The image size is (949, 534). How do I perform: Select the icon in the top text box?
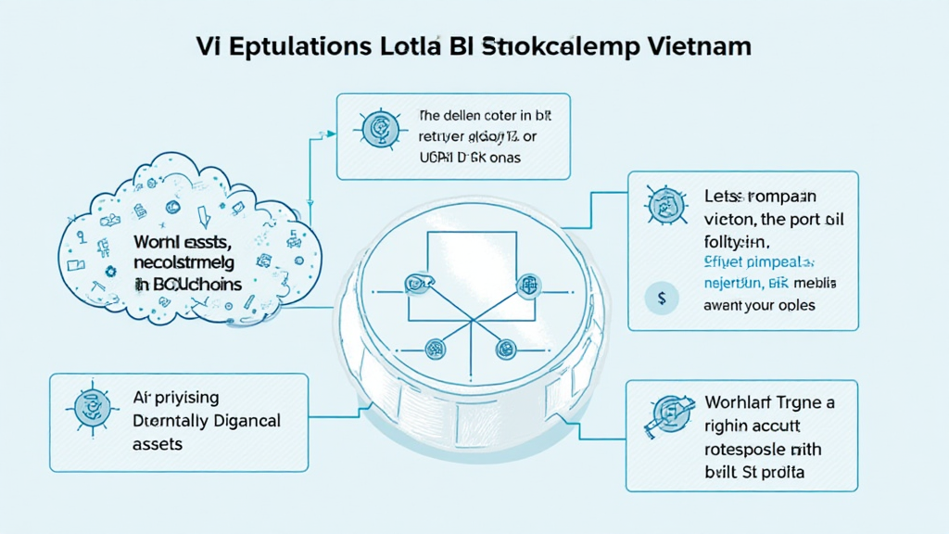tap(377, 130)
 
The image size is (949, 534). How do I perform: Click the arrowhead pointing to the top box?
tap(330, 132)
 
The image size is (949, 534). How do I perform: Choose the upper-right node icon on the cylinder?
tap(529, 283)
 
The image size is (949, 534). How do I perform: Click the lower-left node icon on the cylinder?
tap(435, 349)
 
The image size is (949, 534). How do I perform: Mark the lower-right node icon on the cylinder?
tap(506, 349)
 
